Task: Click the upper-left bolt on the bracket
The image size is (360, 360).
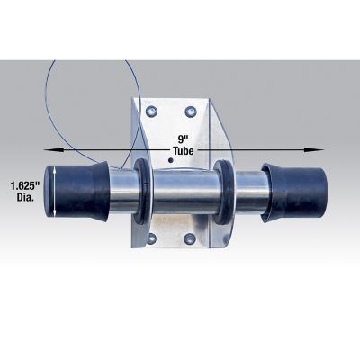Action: pyautogui.click(x=151, y=112)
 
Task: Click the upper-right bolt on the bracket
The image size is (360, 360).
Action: pyautogui.click(x=190, y=112)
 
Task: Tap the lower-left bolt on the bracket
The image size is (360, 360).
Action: pyautogui.click(x=152, y=238)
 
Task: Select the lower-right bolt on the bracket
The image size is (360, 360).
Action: pyautogui.click(x=190, y=239)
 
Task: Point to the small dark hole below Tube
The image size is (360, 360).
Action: pyautogui.click(x=171, y=160)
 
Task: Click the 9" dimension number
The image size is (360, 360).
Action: pyautogui.click(x=183, y=139)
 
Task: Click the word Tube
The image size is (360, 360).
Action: pyautogui.click(x=183, y=151)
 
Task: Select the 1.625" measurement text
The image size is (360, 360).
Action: pyautogui.click(x=25, y=186)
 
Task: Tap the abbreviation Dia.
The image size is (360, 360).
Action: pyautogui.click(x=25, y=198)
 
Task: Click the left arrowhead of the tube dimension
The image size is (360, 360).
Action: pyautogui.click(x=53, y=149)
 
